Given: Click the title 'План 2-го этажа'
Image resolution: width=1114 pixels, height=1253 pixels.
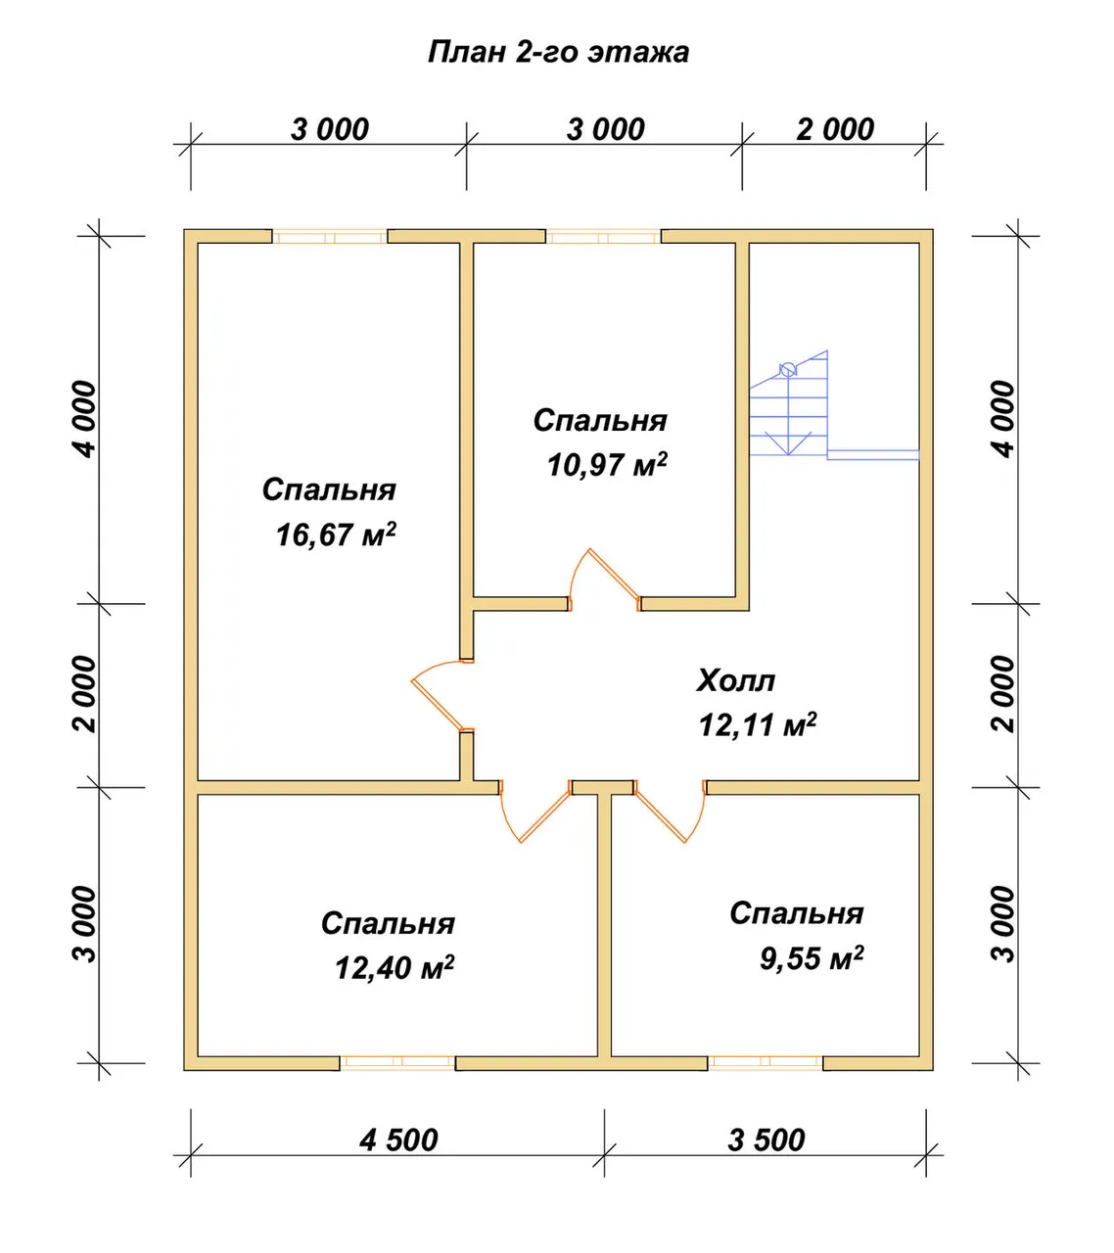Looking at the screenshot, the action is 559,53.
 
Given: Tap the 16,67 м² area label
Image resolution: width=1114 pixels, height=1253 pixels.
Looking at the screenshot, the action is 336,534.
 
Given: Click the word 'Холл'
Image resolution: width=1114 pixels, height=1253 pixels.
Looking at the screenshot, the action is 735,680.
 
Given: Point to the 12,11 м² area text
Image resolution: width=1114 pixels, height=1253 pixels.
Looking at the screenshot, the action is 758,724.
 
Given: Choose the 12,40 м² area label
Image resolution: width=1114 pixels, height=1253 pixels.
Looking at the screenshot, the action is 395,968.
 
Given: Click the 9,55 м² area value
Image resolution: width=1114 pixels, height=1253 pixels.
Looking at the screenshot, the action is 812,958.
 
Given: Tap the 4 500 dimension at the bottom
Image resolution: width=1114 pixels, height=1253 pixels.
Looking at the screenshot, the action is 399,1139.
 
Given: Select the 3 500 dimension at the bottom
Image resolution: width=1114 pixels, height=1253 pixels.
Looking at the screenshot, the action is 766,1139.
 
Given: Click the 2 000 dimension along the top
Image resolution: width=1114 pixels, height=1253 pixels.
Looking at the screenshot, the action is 835,130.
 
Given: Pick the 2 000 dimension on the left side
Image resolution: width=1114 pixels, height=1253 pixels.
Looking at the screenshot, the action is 86,694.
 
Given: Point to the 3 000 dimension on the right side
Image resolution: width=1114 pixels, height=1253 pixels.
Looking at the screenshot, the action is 1003,924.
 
